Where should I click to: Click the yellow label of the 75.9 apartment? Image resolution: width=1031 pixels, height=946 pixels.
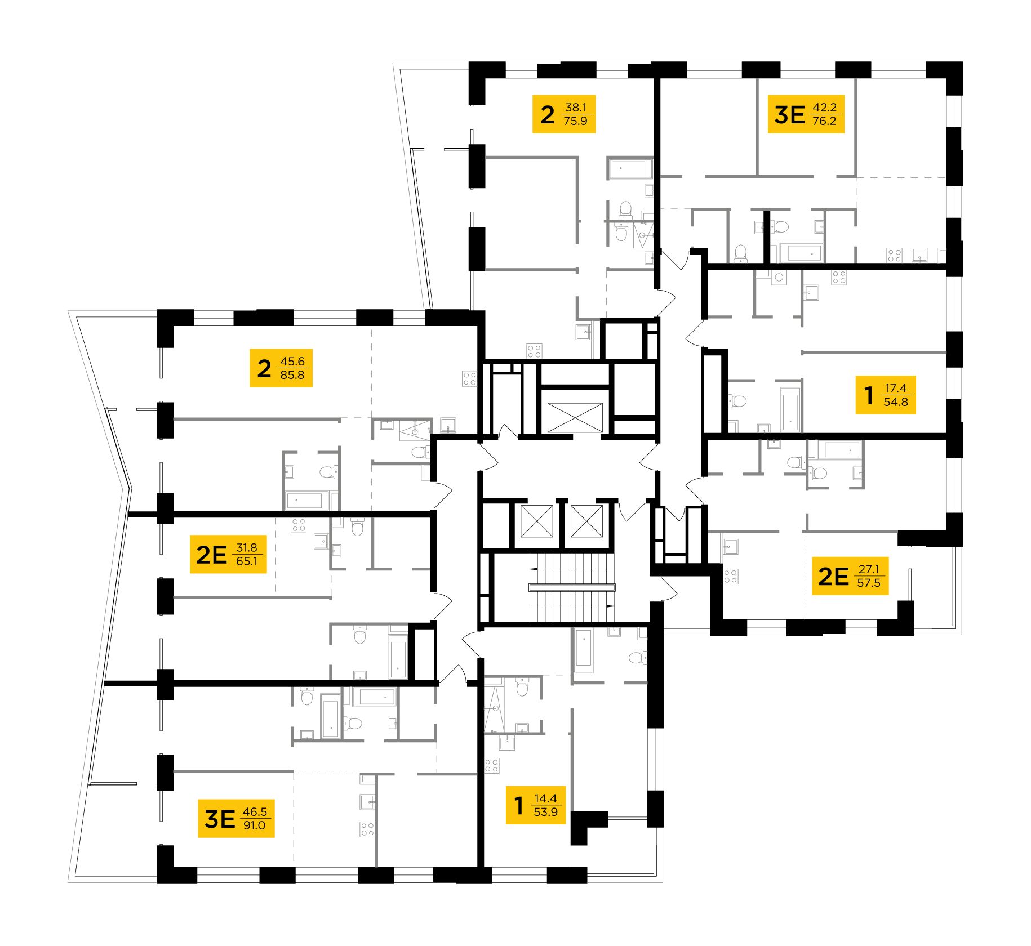click(x=563, y=114)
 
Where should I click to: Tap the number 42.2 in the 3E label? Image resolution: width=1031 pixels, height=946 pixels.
click(x=824, y=107)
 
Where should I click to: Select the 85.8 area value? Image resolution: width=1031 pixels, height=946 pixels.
click(x=292, y=375)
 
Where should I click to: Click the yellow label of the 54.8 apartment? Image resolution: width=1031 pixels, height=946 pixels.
click(x=885, y=395)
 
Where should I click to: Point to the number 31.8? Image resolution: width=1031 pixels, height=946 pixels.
click(x=247, y=547)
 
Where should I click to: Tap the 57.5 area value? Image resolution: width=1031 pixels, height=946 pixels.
click(x=868, y=583)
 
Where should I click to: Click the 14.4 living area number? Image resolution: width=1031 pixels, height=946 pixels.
click(x=545, y=798)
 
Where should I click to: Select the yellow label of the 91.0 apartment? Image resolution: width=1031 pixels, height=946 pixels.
click(x=236, y=818)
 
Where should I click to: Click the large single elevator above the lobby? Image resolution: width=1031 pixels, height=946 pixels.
click(x=575, y=417)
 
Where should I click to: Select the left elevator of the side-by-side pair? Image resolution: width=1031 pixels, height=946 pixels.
click(x=536, y=521)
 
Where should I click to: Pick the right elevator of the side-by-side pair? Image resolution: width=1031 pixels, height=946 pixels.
click(x=586, y=521)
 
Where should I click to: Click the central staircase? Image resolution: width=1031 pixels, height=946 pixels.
click(x=571, y=587)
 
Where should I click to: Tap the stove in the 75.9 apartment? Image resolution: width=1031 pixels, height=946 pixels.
click(x=534, y=351)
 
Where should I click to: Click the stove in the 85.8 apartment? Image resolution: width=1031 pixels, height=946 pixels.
click(x=469, y=378)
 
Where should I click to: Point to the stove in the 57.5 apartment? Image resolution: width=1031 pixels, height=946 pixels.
click(x=731, y=577)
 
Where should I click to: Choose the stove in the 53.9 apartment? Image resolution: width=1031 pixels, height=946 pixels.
click(x=491, y=766)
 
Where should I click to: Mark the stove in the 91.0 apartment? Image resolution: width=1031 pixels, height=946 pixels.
click(x=367, y=829)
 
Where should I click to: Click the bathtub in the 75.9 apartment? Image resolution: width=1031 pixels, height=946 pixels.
click(x=629, y=168)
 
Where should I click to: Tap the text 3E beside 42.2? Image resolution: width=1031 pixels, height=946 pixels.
click(x=789, y=114)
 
